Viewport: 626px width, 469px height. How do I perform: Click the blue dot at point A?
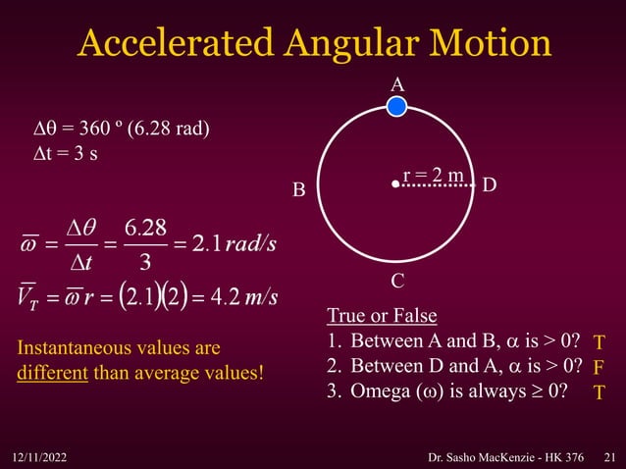coord(396,105)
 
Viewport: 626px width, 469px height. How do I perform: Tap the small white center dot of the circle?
coord(393,182)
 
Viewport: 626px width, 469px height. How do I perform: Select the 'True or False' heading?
coord(382,317)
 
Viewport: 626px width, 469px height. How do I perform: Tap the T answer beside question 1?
coord(600,342)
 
